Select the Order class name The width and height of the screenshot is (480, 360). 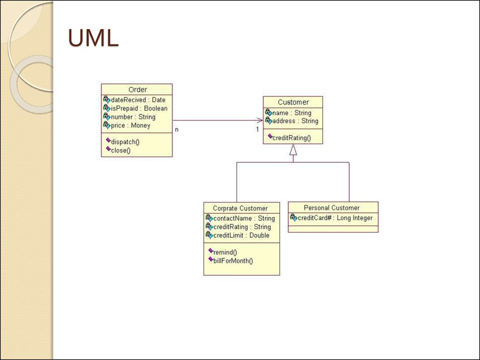[138, 90]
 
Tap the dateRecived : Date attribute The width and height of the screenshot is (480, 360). [138, 100]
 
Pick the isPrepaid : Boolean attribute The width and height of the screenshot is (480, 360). [139, 108]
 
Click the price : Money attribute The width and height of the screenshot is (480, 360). [131, 126]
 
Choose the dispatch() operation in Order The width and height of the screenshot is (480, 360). [125, 142]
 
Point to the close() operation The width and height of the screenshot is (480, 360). [120, 150]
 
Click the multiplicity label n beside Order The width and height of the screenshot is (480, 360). [177, 130]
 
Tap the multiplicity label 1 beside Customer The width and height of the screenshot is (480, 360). [257, 129]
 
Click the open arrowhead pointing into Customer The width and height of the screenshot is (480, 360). [260, 120]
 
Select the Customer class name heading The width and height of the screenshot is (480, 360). [293, 102]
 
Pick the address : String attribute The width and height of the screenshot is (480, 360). [295, 121]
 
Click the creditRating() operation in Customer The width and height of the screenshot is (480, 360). [292, 138]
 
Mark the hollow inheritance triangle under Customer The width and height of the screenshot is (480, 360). [293, 150]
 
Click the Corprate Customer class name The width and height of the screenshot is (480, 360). [240, 209]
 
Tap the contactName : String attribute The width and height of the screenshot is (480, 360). [244, 218]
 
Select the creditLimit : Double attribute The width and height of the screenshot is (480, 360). [241, 235]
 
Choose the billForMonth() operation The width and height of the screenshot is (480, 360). [233, 261]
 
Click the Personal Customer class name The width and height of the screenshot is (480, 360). [331, 208]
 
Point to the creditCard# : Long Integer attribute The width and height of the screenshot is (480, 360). [335, 218]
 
